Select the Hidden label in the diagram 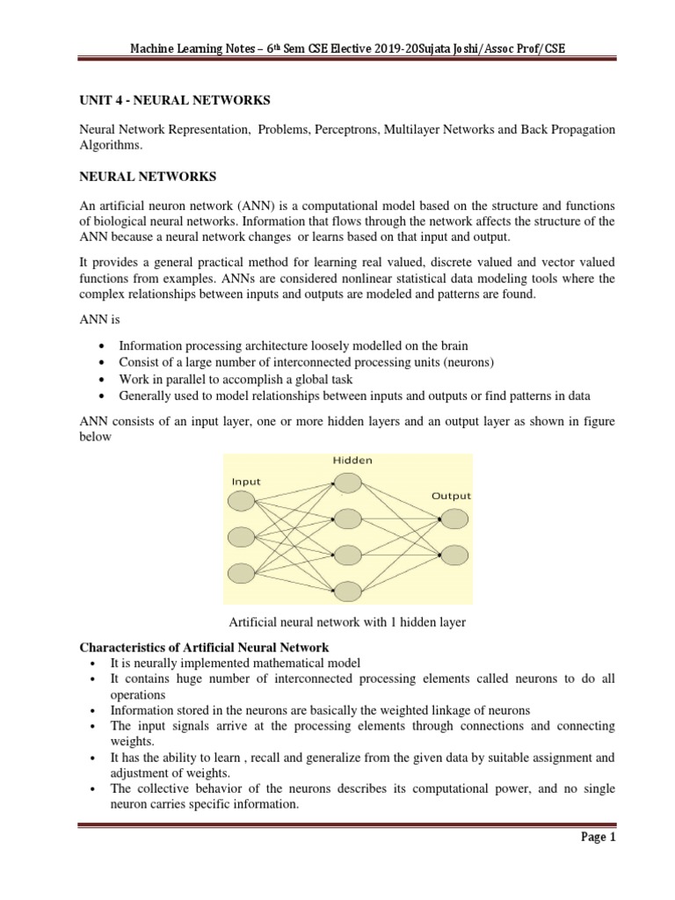(x=352, y=460)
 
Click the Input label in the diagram (x=247, y=481)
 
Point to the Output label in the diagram (x=451, y=496)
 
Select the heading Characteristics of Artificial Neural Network (x=205, y=648)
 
